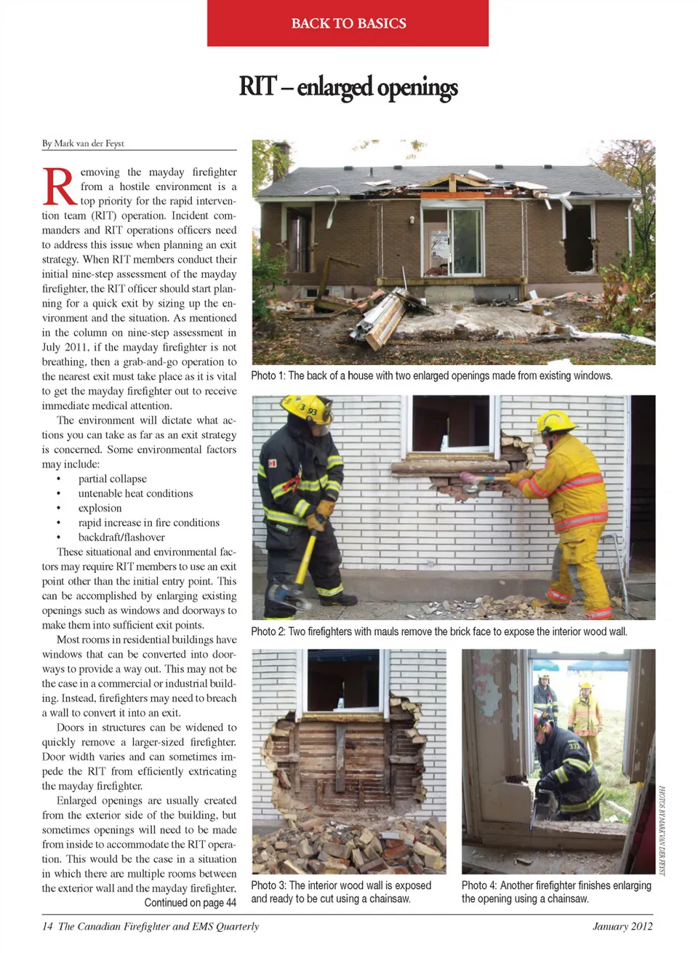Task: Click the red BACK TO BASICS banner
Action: [348, 23]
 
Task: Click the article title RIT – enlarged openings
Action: [348, 87]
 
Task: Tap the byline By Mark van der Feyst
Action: [83, 143]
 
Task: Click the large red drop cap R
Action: [59, 187]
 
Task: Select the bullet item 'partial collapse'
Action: [112, 479]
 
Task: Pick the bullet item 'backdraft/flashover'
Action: [121, 537]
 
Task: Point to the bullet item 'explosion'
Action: [100, 508]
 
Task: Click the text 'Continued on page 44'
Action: [190, 903]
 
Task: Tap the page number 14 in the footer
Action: [47, 926]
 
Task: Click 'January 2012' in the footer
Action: [622, 926]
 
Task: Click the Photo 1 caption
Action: [431, 375]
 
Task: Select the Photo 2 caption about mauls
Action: [438, 631]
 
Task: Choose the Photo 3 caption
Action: [341, 892]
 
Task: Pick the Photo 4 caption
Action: [556, 892]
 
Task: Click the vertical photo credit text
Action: [662, 829]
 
